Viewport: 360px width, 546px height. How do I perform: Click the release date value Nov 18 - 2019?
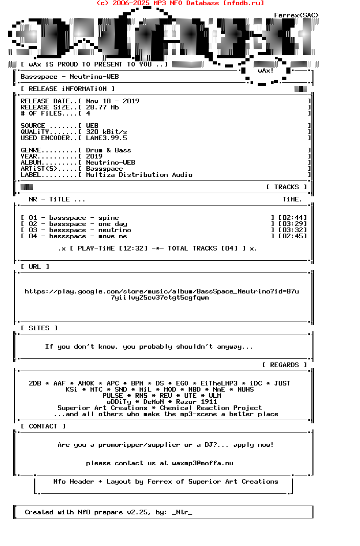coord(112,101)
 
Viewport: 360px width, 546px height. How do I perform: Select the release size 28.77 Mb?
coord(102,107)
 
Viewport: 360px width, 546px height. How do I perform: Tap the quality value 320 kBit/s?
coord(106,132)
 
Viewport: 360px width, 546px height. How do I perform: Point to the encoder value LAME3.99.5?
coord(106,138)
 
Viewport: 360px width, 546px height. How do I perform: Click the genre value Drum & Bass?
coord(108,150)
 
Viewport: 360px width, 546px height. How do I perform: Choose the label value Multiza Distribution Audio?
coord(139,175)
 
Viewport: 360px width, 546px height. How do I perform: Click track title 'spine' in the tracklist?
coord(108,218)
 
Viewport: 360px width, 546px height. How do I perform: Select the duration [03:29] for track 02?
coord(292,224)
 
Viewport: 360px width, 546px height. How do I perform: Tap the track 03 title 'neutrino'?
coord(115,230)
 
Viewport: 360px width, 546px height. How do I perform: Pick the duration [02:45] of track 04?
coord(292,236)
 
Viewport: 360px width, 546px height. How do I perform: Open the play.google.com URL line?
coord(162,291)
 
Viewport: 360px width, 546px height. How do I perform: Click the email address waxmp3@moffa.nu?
coord(202,463)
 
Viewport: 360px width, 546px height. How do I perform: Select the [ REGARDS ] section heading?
coord(284,365)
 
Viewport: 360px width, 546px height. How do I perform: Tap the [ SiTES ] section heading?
coord(39,328)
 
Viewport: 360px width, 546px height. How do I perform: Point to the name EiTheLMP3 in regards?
coord(219,383)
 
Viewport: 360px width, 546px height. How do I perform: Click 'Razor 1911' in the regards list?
coord(196,402)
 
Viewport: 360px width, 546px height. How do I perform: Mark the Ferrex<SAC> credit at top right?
coord(297,15)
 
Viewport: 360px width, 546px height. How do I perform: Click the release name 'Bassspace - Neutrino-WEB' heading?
coord(70,77)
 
